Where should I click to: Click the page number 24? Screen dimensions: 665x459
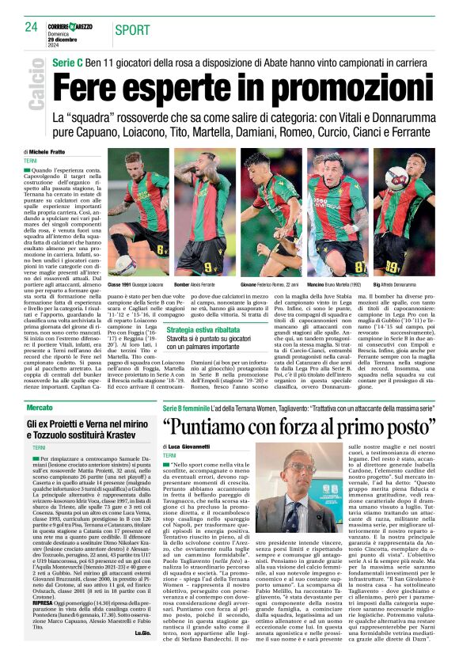pyautogui.click(x=32, y=27)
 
